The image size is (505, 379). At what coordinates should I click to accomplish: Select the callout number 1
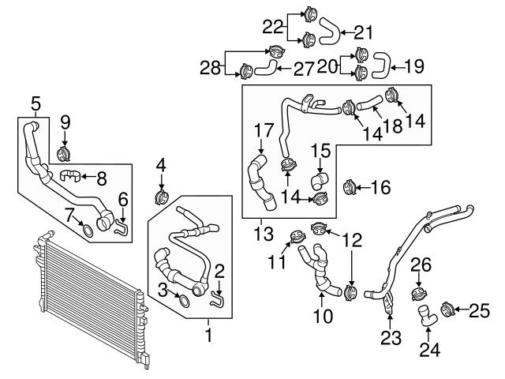[209, 335]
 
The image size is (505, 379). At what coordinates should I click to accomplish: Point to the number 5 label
[35, 104]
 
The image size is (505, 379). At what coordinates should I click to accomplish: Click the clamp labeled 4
[161, 194]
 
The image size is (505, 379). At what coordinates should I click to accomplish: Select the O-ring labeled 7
[89, 231]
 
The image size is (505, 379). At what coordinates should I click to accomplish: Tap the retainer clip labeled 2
[218, 298]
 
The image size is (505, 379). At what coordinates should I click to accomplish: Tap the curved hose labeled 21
[330, 32]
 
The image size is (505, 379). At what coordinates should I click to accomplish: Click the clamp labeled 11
[298, 235]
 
